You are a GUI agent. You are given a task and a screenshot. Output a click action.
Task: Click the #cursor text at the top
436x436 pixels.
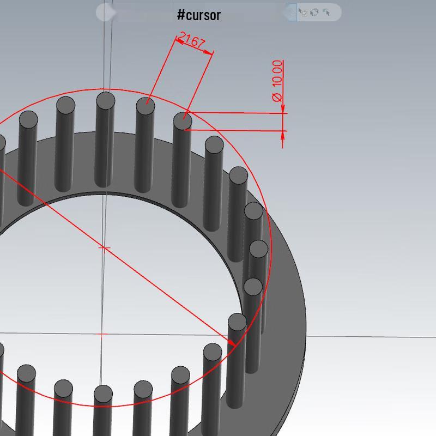pyautogui.click(x=199, y=15)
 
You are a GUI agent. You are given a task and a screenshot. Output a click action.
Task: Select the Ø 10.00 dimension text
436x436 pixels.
pyautogui.click(x=277, y=81)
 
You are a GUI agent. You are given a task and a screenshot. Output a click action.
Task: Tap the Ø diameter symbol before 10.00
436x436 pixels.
pyautogui.click(x=277, y=98)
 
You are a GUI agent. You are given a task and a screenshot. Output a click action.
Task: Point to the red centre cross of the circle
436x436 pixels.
pyautogui.click(x=104, y=247)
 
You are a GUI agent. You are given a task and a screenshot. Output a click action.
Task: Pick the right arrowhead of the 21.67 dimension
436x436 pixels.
pyautogui.click(x=208, y=51)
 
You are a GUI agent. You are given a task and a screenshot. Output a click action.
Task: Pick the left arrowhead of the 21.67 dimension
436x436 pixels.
pyautogui.click(x=180, y=42)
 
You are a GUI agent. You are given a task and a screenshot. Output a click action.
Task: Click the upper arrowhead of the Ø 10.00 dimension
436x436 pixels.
pyautogui.click(x=283, y=109)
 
